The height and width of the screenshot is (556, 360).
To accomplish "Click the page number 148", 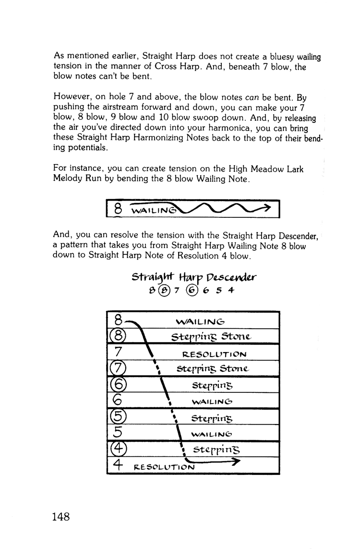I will pyautogui.click(x=60, y=517).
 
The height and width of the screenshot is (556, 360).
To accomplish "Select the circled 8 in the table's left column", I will pyautogui.click(x=117, y=336).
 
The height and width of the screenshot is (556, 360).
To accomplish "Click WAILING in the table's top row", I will pyautogui.click(x=200, y=321).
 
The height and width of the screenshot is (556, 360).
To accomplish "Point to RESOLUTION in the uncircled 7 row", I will pyautogui.click(x=215, y=354).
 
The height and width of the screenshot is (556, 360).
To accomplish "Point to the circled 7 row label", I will pyautogui.click(x=117, y=368).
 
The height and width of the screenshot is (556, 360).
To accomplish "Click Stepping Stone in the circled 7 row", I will pyautogui.click(x=213, y=369).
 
